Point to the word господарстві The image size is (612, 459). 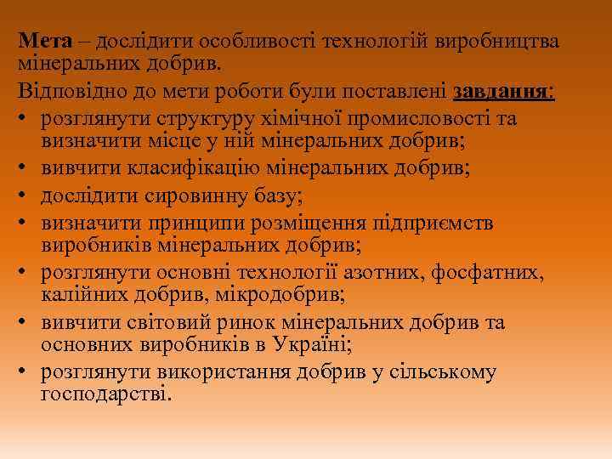coord(105,395)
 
